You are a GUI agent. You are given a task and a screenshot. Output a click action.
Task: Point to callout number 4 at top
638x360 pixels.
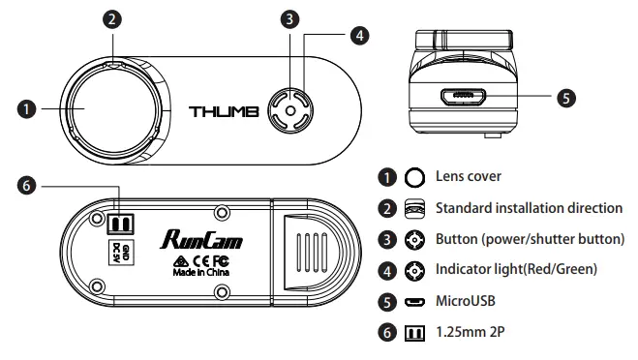[x=359, y=35]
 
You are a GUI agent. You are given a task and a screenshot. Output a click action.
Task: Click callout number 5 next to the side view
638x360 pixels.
[x=567, y=97]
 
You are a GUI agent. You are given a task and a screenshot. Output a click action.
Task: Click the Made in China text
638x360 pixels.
[x=201, y=273]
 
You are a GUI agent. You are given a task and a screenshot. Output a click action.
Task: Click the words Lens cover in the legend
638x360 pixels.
[x=470, y=177]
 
